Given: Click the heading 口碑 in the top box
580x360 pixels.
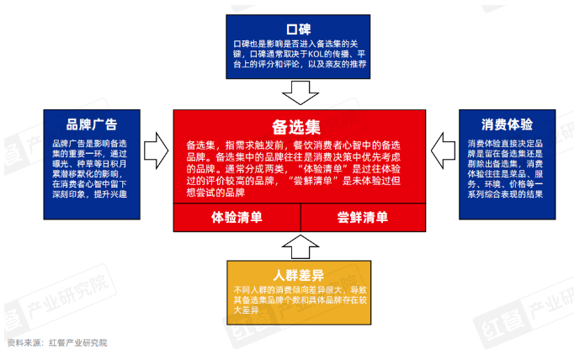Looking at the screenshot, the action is [298, 29].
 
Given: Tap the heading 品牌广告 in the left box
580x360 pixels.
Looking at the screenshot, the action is [92, 124].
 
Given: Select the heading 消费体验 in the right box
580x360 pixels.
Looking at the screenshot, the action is [507, 124].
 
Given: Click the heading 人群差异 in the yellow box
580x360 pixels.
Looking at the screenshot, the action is [299, 275].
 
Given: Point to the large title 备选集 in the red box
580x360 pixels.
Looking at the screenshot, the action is [296, 127].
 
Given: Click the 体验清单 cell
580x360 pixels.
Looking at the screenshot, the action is [237, 217].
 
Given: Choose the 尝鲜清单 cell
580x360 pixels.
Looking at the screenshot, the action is [364, 217].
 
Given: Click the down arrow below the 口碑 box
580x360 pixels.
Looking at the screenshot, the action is [301, 93].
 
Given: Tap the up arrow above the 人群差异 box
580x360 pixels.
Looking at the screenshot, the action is [301, 246].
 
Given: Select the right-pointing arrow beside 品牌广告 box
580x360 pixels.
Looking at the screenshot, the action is [156, 151].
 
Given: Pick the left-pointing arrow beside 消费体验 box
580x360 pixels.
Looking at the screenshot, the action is [443, 151].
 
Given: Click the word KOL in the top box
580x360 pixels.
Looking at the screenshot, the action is [316, 54].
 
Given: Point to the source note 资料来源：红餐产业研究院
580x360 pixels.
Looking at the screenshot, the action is [57, 343].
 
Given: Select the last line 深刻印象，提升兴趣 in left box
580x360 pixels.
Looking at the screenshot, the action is [89, 194].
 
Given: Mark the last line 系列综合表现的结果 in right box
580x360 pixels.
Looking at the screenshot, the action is [505, 194].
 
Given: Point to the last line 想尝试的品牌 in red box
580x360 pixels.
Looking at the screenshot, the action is [216, 193].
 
